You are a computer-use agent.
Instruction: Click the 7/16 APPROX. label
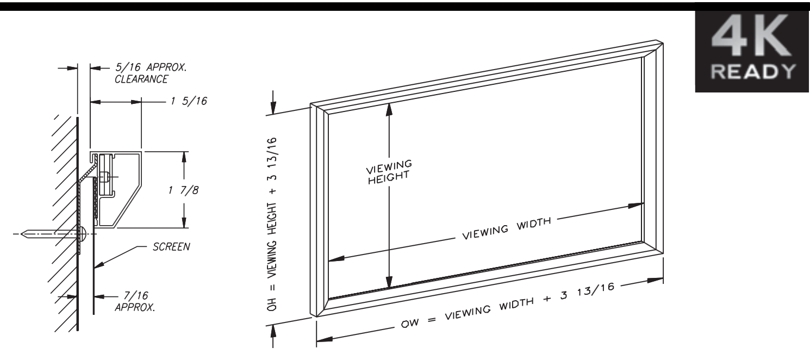(x=130, y=301)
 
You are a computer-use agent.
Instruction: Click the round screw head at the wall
(x=84, y=234)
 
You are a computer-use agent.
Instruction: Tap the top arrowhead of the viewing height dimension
(x=389, y=108)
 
